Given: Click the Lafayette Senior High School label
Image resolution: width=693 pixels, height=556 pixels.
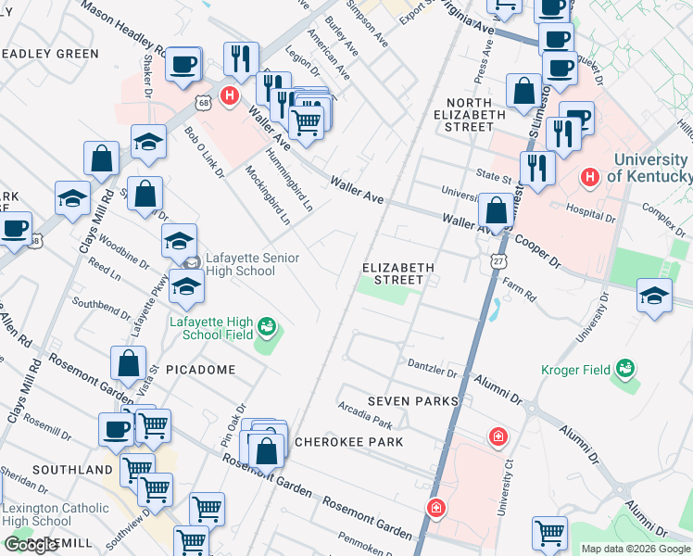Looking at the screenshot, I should (x=239, y=264).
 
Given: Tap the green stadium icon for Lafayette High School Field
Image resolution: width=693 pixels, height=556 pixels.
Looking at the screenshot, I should (x=267, y=325).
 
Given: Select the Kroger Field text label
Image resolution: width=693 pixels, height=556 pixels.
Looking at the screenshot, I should (x=575, y=370).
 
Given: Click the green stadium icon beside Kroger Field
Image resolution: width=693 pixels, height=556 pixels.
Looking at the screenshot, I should (x=625, y=369).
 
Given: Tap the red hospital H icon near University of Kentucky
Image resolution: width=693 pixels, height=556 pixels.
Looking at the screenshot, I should (x=588, y=176).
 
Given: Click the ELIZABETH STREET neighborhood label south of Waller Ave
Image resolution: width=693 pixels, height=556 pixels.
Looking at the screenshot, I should (x=397, y=272).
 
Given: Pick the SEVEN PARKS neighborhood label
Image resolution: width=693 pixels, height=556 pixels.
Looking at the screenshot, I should (x=412, y=400).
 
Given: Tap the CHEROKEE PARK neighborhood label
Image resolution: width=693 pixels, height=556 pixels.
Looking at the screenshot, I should (x=348, y=442).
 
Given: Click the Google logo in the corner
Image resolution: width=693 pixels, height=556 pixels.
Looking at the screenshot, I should (x=31, y=545).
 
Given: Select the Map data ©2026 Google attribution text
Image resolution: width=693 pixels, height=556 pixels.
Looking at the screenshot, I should (x=636, y=549).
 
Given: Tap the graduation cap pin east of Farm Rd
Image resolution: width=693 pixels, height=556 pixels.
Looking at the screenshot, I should (x=655, y=297).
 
